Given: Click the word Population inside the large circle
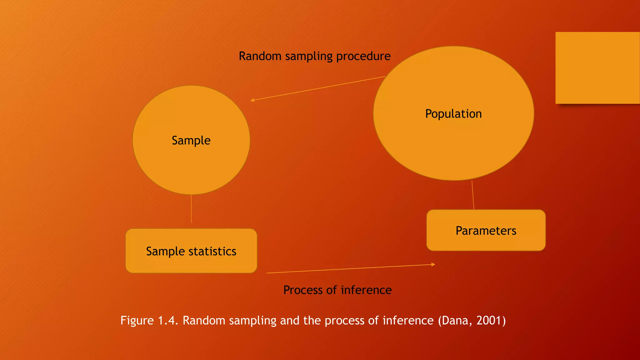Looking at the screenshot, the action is (453, 114).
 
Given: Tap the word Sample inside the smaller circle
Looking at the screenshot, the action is (191, 140).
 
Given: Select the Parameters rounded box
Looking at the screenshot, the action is (486, 231).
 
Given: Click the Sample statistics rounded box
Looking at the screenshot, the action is (191, 251).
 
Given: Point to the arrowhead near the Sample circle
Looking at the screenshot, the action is (252, 100).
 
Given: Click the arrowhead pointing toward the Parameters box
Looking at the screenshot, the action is (433, 264).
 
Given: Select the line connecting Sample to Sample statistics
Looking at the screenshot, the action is (191, 209).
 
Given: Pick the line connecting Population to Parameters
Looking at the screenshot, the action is (473, 195).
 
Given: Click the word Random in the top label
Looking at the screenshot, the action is (260, 56).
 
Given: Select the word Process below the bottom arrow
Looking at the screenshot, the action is (303, 290).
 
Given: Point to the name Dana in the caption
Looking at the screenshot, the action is (455, 321).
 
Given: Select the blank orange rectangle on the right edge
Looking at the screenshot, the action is (597, 68).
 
